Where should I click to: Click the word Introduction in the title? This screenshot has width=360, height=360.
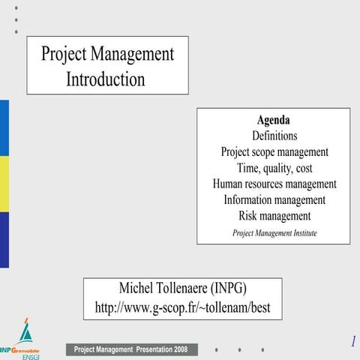106,79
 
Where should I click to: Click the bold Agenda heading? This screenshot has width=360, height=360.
273,120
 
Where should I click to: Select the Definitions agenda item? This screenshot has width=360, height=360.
274,136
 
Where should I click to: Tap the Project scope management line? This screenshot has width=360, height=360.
274,151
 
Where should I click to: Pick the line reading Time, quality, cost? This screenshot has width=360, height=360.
274,168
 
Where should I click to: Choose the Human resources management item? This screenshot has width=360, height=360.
274,184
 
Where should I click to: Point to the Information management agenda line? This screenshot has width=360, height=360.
274,200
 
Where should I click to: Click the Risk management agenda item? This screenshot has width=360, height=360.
274,216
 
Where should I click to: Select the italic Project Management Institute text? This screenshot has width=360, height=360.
274,233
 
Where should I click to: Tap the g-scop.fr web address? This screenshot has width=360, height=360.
182,307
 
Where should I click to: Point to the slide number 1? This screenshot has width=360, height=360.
352,342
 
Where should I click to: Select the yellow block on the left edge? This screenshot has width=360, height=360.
4,184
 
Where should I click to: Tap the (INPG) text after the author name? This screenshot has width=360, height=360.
229,289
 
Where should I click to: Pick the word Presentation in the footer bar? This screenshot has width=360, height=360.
154,349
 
